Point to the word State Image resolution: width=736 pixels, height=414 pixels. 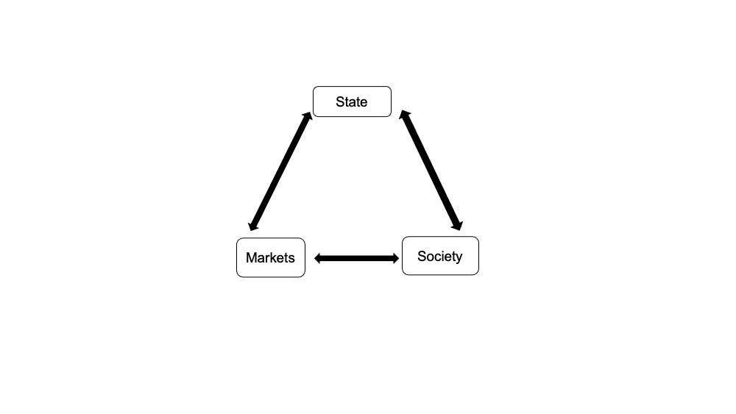[x=352, y=102]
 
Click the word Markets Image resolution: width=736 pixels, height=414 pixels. [x=270, y=257]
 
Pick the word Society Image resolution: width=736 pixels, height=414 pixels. [x=440, y=257]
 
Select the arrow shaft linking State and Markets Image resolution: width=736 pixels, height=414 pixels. [x=280, y=171]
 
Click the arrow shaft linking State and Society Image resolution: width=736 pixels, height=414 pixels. [x=431, y=171]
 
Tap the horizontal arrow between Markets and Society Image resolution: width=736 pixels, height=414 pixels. [x=357, y=258]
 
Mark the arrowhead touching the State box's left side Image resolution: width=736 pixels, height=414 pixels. [x=308, y=117]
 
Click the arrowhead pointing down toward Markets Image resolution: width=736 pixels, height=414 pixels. [x=253, y=226]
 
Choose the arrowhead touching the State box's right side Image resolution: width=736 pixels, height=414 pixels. [x=404, y=115]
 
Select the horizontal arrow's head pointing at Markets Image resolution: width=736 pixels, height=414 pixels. [x=318, y=258]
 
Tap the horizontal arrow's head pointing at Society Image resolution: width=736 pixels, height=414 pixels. [x=395, y=258]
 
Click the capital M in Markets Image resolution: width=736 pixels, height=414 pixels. [x=251, y=257]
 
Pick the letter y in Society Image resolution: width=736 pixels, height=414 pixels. [x=459, y=257]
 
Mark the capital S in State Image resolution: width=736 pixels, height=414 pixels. [x=340, y=102]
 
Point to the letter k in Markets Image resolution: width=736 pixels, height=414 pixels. [x=275, y=257]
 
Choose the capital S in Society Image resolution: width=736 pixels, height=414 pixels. [x=422, y=257]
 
